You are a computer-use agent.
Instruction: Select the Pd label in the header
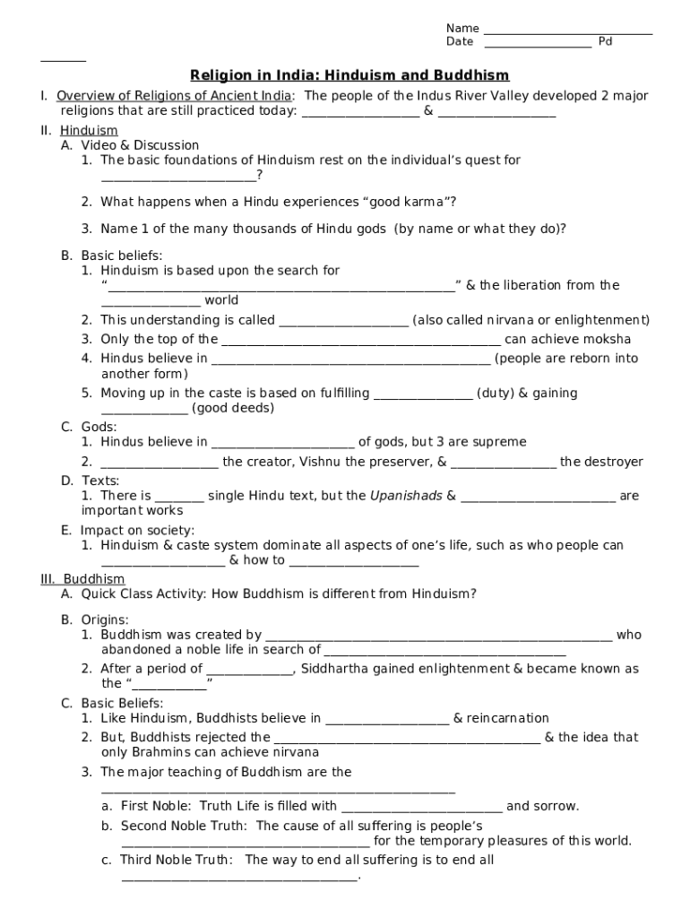(x=605, y=42)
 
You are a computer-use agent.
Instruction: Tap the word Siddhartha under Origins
(x=336, y=669)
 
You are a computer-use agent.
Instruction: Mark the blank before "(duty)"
(x=422, y=395)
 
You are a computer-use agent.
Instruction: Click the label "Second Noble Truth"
(x=184, y=826)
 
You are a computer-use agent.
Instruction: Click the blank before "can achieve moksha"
(x=360, y=342)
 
